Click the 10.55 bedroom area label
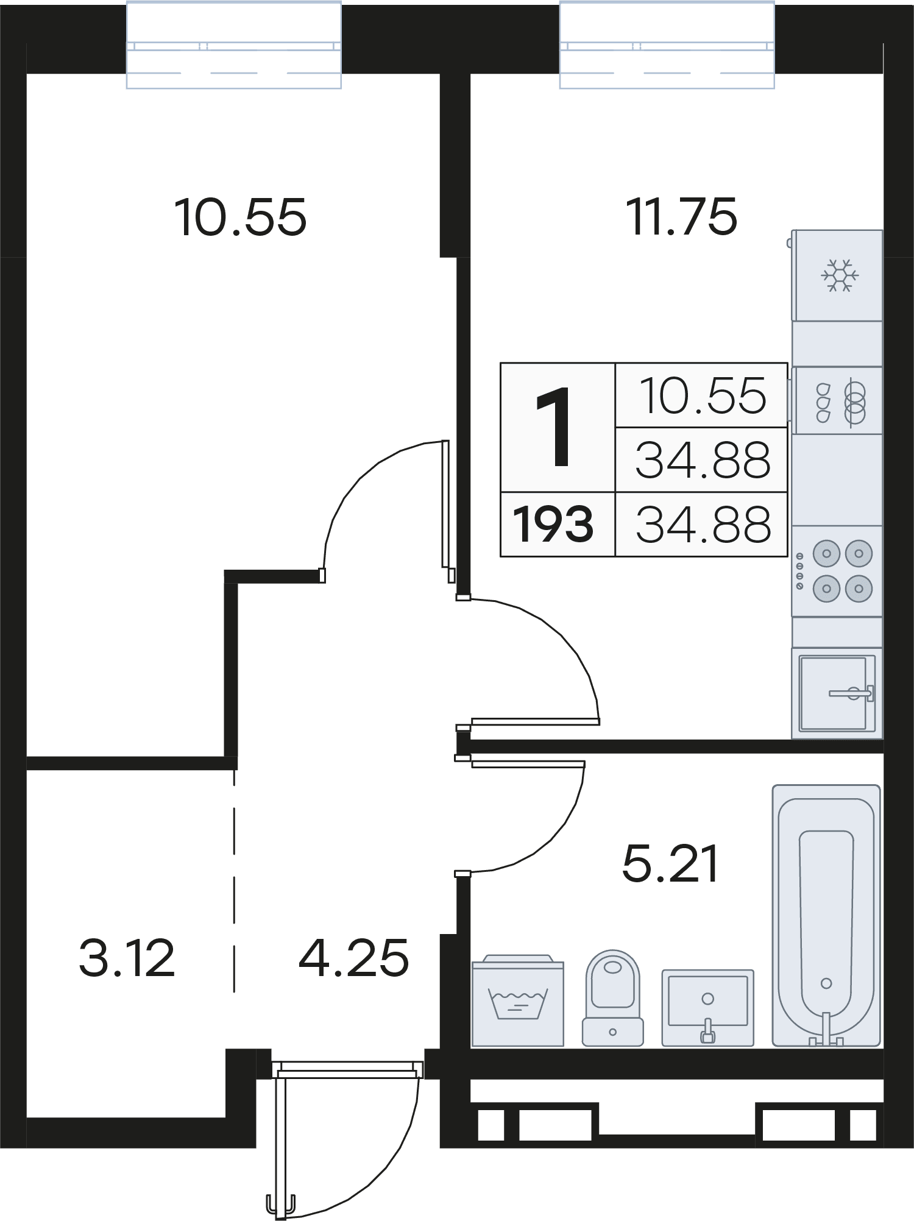(240, 218)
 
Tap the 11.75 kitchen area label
(682, 216)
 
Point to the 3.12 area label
(127, 958)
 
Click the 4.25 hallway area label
(353, 958)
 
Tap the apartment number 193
(553, 525)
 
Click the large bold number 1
(553, 428)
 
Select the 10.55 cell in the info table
(703, 395)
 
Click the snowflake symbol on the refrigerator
(840, 275)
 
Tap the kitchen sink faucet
(852, 693)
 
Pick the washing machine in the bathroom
(518, 1000)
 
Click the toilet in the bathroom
(613, 998)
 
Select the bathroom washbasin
(708, 1008)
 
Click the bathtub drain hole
(826, 983)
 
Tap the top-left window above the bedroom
(233, 46)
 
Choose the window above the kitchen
(667, 46)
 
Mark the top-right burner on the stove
(859, 554)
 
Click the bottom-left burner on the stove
(827, 589)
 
